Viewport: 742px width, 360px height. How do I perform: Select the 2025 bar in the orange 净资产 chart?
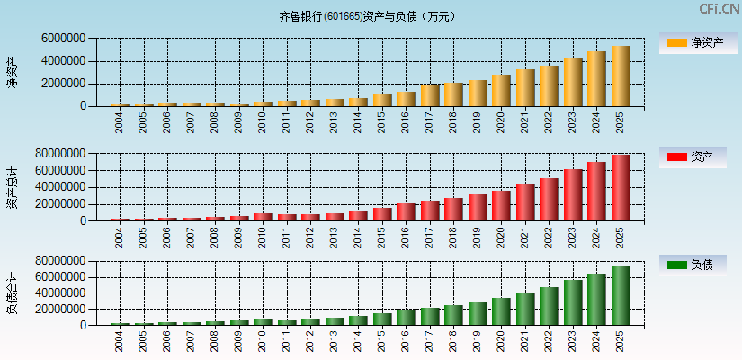pos(621,76)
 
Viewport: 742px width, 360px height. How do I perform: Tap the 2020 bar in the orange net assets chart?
pos(501,91)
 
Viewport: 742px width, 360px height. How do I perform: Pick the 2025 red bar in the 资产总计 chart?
pos(621,188)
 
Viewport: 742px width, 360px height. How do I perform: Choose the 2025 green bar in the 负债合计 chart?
pos(621,296)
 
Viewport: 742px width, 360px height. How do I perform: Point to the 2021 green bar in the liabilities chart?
pos(525,309)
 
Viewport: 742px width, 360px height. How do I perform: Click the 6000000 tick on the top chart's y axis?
pos(63,39)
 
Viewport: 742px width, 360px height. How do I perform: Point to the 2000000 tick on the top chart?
pos(63,84)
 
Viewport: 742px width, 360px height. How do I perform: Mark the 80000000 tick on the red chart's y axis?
pos(60,154)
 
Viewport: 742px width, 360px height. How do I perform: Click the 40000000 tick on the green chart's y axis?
pos(60,292)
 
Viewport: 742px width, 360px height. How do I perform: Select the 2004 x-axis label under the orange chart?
pos(120,122)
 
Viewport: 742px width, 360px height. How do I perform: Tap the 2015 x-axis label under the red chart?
pos(382,238)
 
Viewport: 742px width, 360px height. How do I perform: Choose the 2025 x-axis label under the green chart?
pos(621,341)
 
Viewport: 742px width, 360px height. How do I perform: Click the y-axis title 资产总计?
pos(13,187)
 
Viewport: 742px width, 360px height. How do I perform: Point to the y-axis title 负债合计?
pos(13,292)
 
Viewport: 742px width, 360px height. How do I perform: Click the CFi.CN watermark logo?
pos(719,9)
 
